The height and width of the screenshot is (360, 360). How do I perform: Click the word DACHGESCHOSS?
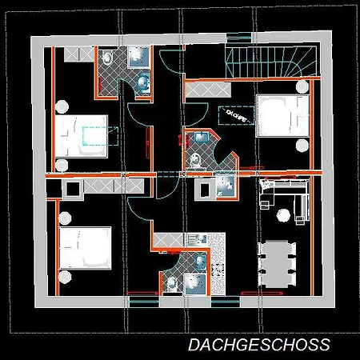click(258, 345)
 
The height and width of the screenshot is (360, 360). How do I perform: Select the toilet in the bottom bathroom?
click(171, 282)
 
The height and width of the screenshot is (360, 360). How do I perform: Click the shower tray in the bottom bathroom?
click(194, 284)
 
